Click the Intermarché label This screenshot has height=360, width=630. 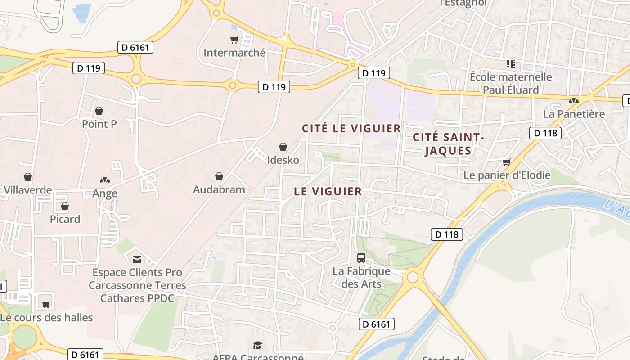234,53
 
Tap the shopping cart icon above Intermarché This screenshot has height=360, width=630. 234,40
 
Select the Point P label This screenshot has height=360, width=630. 99,124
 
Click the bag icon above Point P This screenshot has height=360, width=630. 99,111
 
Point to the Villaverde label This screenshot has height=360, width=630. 28,190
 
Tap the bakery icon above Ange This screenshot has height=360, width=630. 105,180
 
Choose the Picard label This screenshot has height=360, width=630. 65,219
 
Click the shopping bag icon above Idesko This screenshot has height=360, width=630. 283,147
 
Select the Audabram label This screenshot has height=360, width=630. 219,189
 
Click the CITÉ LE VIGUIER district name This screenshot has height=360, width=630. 351,128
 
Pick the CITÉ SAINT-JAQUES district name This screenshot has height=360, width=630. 448,144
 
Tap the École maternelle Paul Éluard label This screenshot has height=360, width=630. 511,83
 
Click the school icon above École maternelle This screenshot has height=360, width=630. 510,64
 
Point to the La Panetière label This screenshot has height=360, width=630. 574,114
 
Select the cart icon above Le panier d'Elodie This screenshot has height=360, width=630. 507,162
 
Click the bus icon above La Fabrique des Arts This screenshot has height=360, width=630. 361,258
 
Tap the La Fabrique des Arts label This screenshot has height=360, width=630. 361,278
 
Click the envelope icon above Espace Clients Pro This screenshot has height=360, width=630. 137,259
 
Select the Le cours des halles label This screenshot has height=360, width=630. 46,318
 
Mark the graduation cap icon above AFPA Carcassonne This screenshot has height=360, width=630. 257,346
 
